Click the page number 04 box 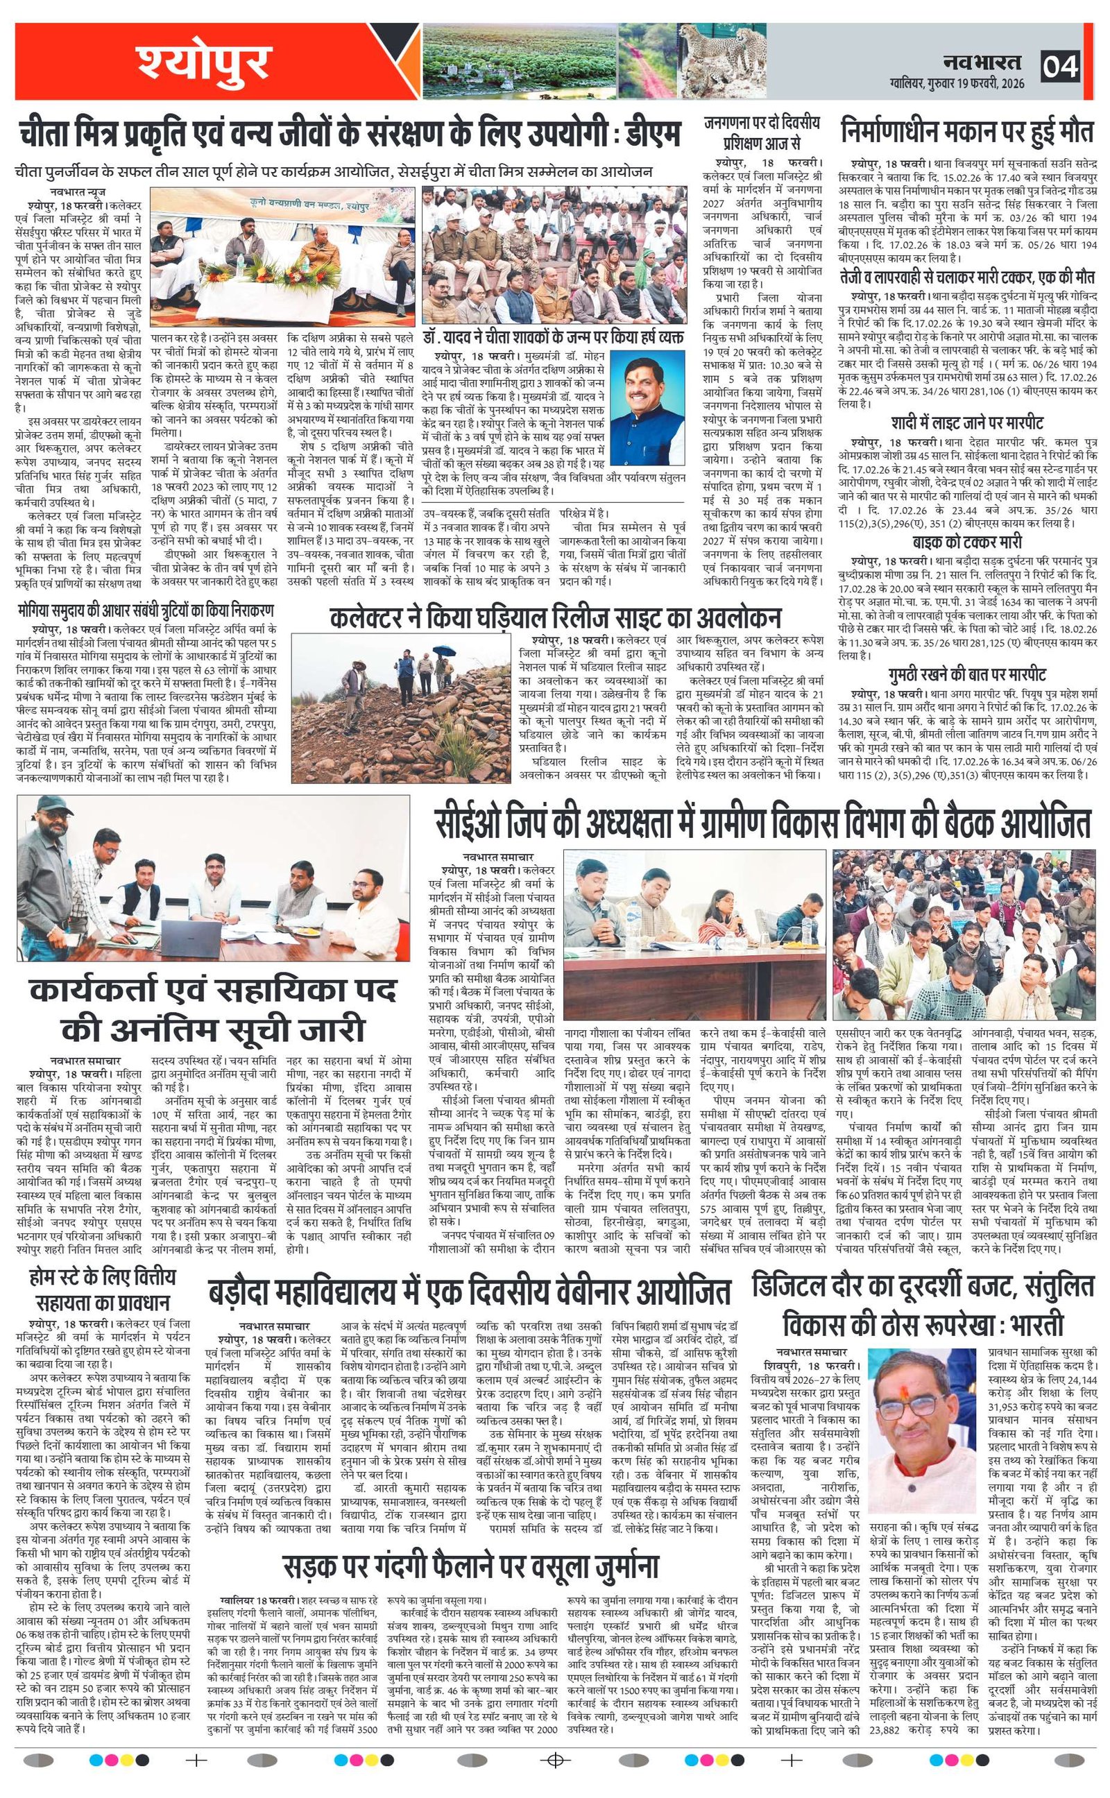(1060, 67)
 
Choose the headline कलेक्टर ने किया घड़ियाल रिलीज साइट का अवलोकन (555, 617)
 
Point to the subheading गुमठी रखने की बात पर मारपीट (967, 674)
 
